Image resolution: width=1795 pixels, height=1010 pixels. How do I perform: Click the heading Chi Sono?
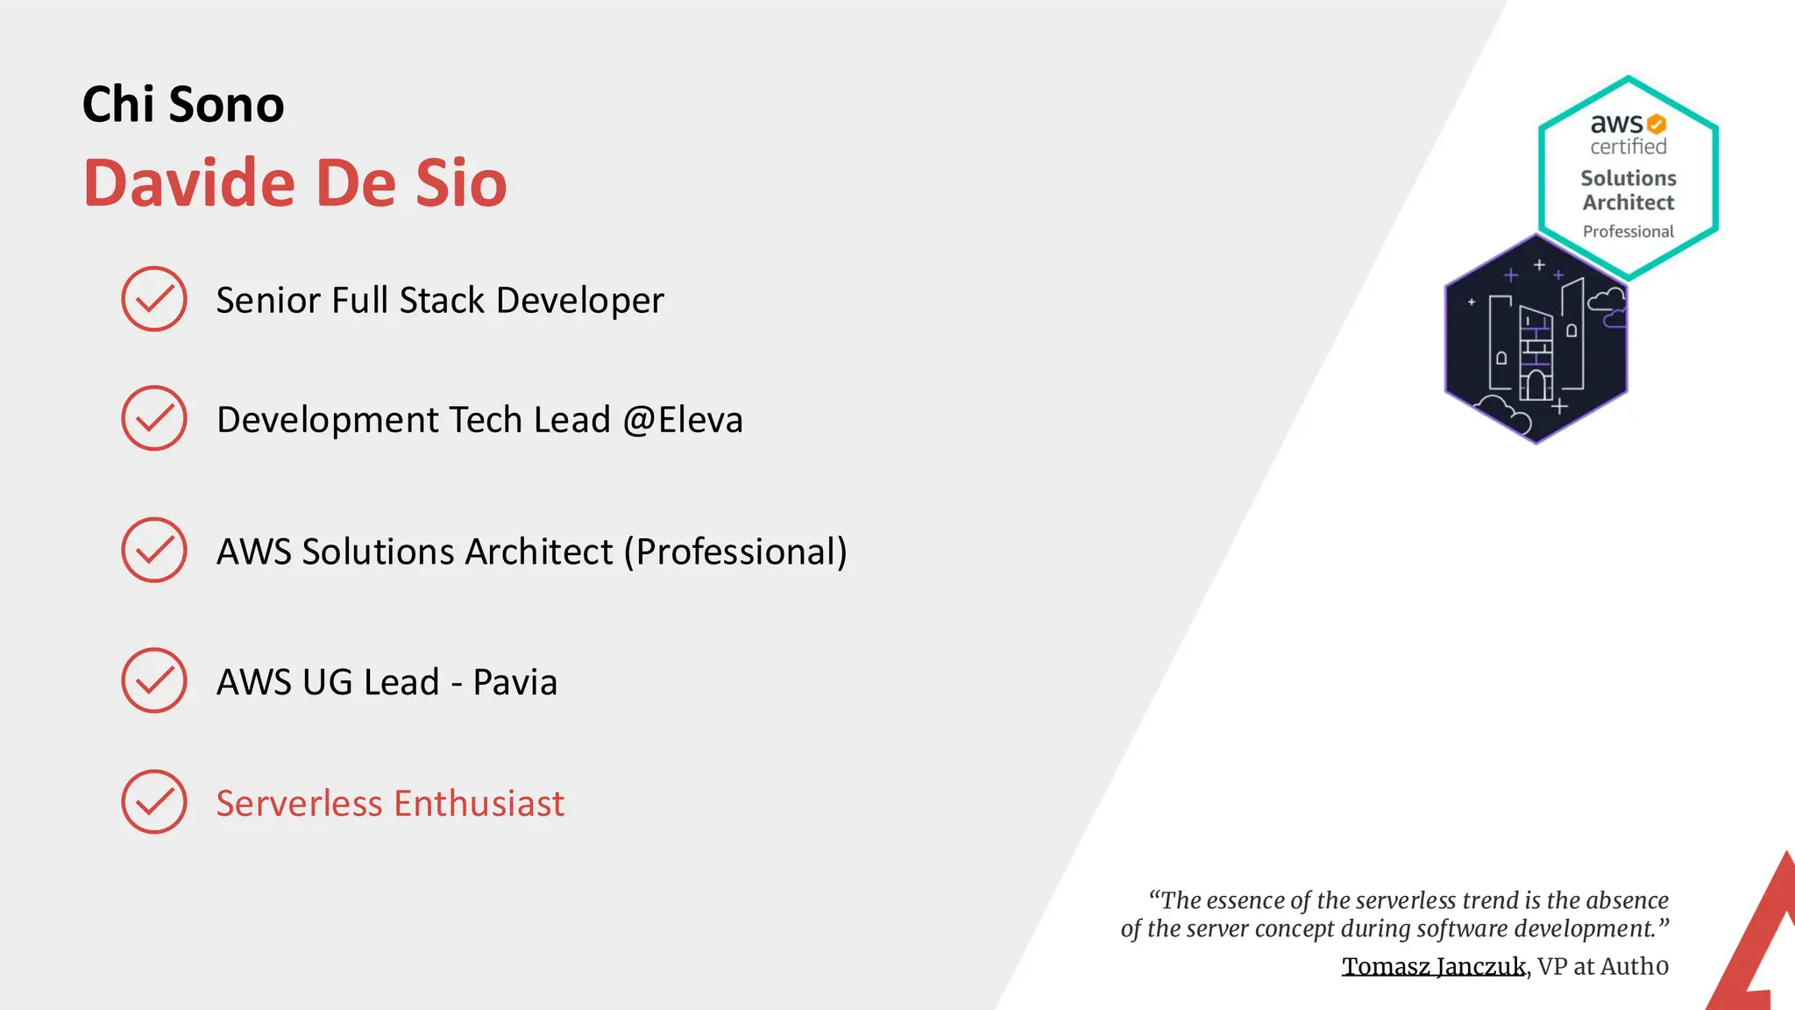(183, 104)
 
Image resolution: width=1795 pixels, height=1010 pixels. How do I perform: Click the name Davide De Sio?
(295, 183)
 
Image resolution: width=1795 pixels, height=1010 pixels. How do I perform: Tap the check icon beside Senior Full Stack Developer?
(154, 299)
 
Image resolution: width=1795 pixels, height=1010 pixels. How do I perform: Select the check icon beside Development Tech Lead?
(154, 418)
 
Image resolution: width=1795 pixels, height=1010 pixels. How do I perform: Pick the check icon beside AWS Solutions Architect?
(154, 550)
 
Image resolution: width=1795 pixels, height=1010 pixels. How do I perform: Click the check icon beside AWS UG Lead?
(154, 680)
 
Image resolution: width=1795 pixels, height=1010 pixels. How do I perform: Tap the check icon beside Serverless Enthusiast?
(154, 801)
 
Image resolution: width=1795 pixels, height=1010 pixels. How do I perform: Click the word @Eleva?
(683, 420)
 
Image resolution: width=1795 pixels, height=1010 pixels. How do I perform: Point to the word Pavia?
(515, 682)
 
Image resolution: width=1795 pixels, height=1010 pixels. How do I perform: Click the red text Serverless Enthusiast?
(390, 803)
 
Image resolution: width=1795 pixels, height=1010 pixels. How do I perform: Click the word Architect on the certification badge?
(1628, 203)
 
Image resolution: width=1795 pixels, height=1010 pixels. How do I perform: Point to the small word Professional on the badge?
(1628, 231)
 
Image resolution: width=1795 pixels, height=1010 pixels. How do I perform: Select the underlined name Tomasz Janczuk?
(1434, 966)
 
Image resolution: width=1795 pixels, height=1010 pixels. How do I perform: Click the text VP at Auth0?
(1603, 966)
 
